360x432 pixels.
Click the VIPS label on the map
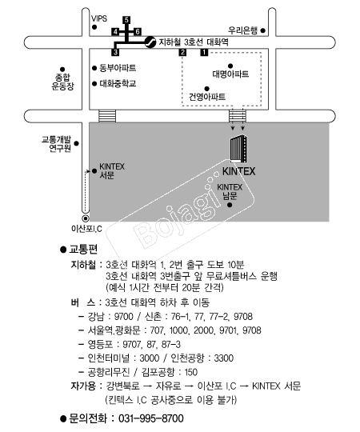(99, 18)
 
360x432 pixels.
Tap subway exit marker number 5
(126, 20)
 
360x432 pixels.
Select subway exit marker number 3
(115, 52)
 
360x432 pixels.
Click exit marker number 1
(204, 52)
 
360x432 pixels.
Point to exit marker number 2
(182, 52)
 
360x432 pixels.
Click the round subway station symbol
(150, 42)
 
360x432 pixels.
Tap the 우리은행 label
(242, 30)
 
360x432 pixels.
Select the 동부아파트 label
(118, 68)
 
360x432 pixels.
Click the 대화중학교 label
(118, 83)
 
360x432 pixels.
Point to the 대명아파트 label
(230, 74)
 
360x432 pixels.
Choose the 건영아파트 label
(207, 97)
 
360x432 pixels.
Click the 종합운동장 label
(63, 82)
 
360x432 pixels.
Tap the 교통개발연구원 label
(57, 144)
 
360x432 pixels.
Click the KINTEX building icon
(238, 149)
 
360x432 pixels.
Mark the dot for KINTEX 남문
(230, 205)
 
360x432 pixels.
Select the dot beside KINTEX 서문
(94, 171)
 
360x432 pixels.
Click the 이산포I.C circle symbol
(86, 218)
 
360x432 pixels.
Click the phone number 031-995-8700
(151, 418)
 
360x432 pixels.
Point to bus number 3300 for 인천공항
(224, 358)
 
